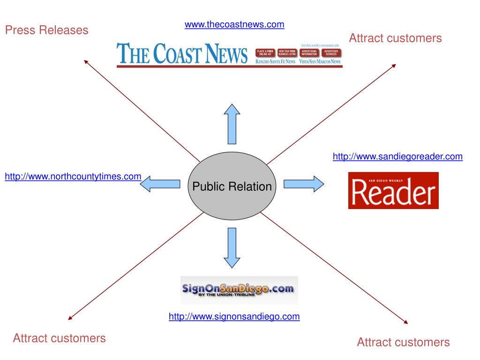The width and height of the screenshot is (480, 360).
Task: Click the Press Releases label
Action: click(x=46, y=30)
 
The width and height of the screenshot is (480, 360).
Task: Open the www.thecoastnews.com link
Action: click(x=234, y=24)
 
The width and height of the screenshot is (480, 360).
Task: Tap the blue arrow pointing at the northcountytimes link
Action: click(x=160, y=183)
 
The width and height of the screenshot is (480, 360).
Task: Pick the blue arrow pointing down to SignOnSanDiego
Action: click(x=232, y=247)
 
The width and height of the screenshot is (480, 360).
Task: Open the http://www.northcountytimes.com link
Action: click(x=73, y=177)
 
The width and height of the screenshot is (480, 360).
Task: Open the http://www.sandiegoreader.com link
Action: click(x=397, y=157)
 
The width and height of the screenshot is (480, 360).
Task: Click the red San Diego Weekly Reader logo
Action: click(x=393, y=190)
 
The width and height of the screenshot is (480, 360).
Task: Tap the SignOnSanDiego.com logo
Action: click(x=239, y=290)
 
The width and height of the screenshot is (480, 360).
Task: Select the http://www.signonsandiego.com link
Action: click(x=234, y=317)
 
